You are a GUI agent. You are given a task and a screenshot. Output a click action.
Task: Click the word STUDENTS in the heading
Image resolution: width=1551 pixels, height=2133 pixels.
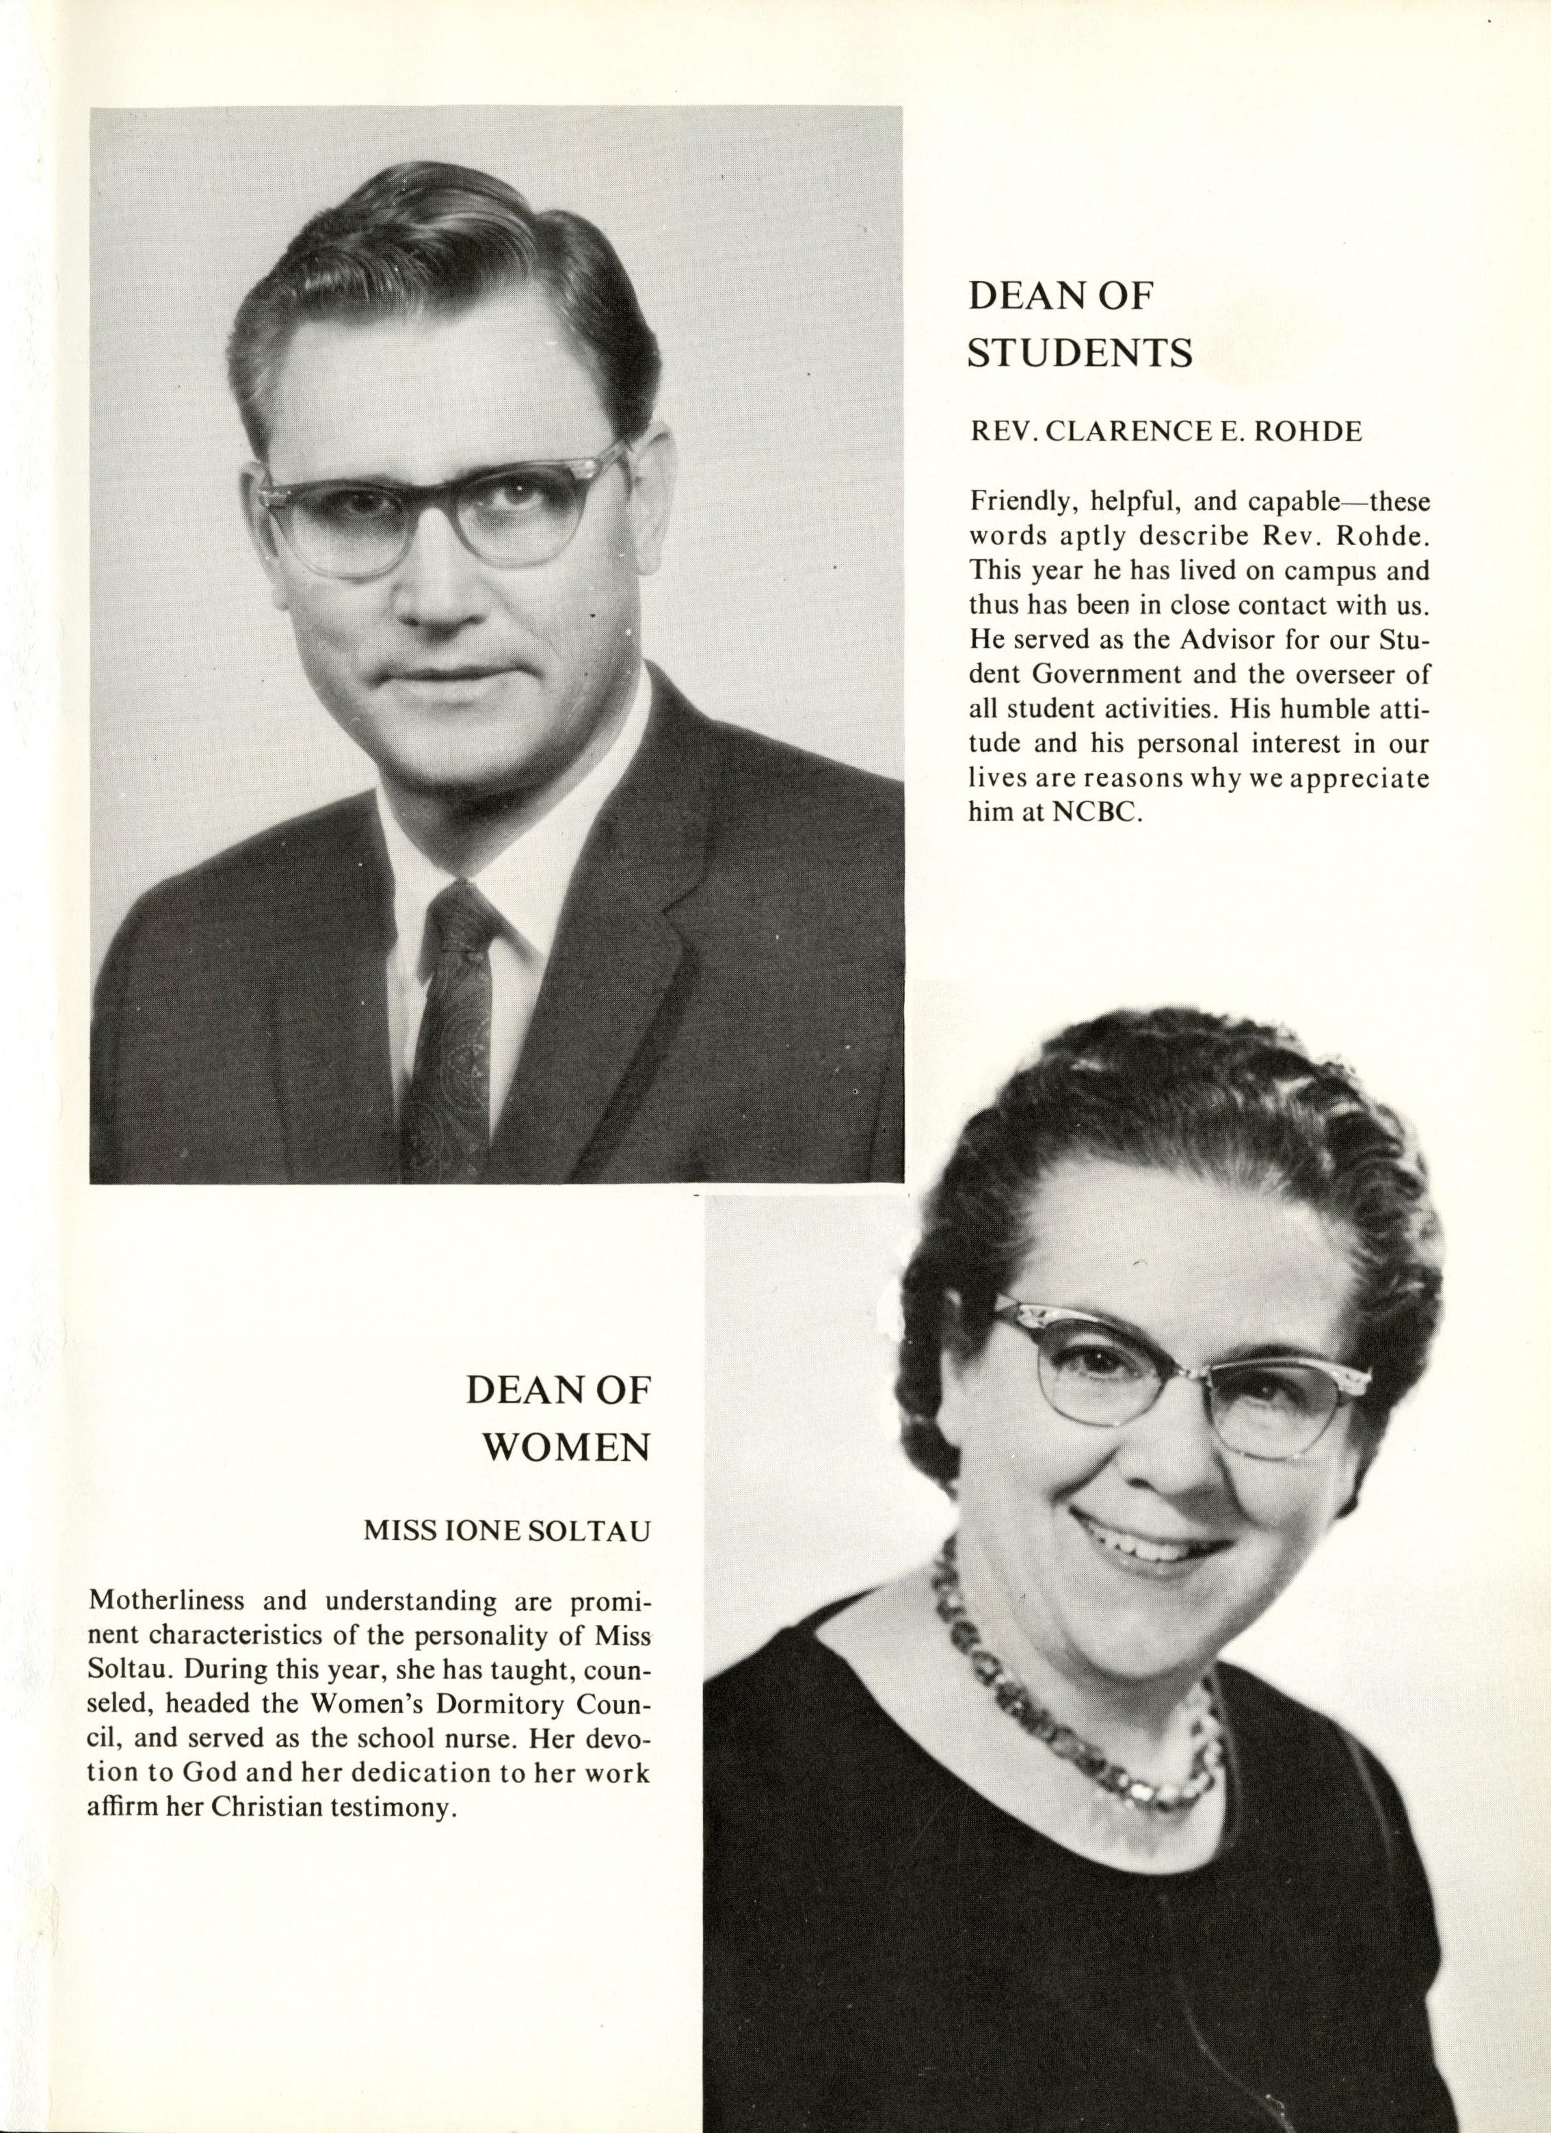(x=1081, y=354)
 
